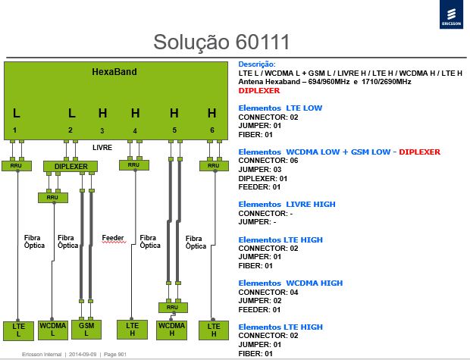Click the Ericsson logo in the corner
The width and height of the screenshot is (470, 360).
point(451,14)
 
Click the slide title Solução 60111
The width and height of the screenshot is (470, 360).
point(221,42)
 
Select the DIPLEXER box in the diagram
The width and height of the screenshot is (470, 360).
point(70,167)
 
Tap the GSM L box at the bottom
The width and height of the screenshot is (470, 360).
point(86,330)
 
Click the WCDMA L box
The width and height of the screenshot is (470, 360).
point(53,330)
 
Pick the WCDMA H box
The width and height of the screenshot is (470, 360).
point(172,330)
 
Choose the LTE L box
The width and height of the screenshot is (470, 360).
point(18,330)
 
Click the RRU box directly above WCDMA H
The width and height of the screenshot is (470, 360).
point(173,308)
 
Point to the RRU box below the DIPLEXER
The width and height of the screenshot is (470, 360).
point(53,198)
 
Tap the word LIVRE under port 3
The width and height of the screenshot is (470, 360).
point(102,148)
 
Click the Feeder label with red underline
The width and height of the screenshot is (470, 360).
point(113,238)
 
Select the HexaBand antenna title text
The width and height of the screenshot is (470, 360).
point(114,72)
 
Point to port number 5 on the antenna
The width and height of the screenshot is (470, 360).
point(174,130)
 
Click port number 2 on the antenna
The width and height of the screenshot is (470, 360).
point(70,130)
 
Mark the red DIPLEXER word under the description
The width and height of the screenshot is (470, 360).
point(259,90)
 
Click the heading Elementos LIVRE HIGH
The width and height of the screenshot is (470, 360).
point(287,204)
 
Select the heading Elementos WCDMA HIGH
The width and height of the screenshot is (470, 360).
point(290,283)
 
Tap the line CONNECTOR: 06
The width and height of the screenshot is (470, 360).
point(268,161)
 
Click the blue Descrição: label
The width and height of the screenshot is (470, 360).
point(257,64)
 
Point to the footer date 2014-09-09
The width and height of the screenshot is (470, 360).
point(83,354)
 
